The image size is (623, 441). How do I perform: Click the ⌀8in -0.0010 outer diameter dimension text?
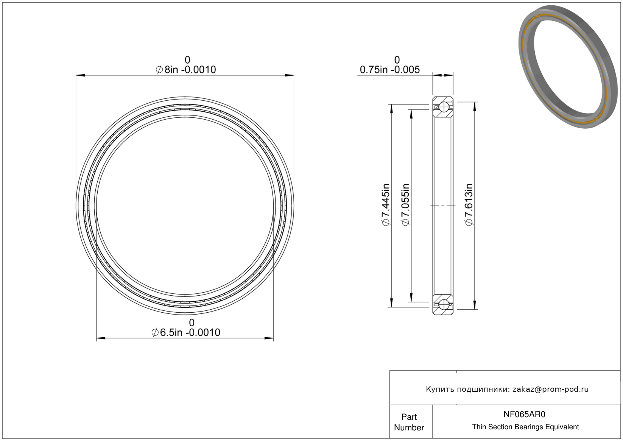tap(185, 70)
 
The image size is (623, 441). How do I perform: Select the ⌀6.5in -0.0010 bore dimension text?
tap(185, 332)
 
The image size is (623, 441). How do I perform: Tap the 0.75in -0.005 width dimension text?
tap(389, 70)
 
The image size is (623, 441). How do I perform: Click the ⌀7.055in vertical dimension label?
tap(406, 205)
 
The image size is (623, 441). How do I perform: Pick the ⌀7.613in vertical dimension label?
tap(469, 205)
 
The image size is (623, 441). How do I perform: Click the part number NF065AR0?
tap(524, 415)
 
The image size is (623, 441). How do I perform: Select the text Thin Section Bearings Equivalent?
tap(525, 427)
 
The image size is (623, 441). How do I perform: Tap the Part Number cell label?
tap(409, 422)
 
